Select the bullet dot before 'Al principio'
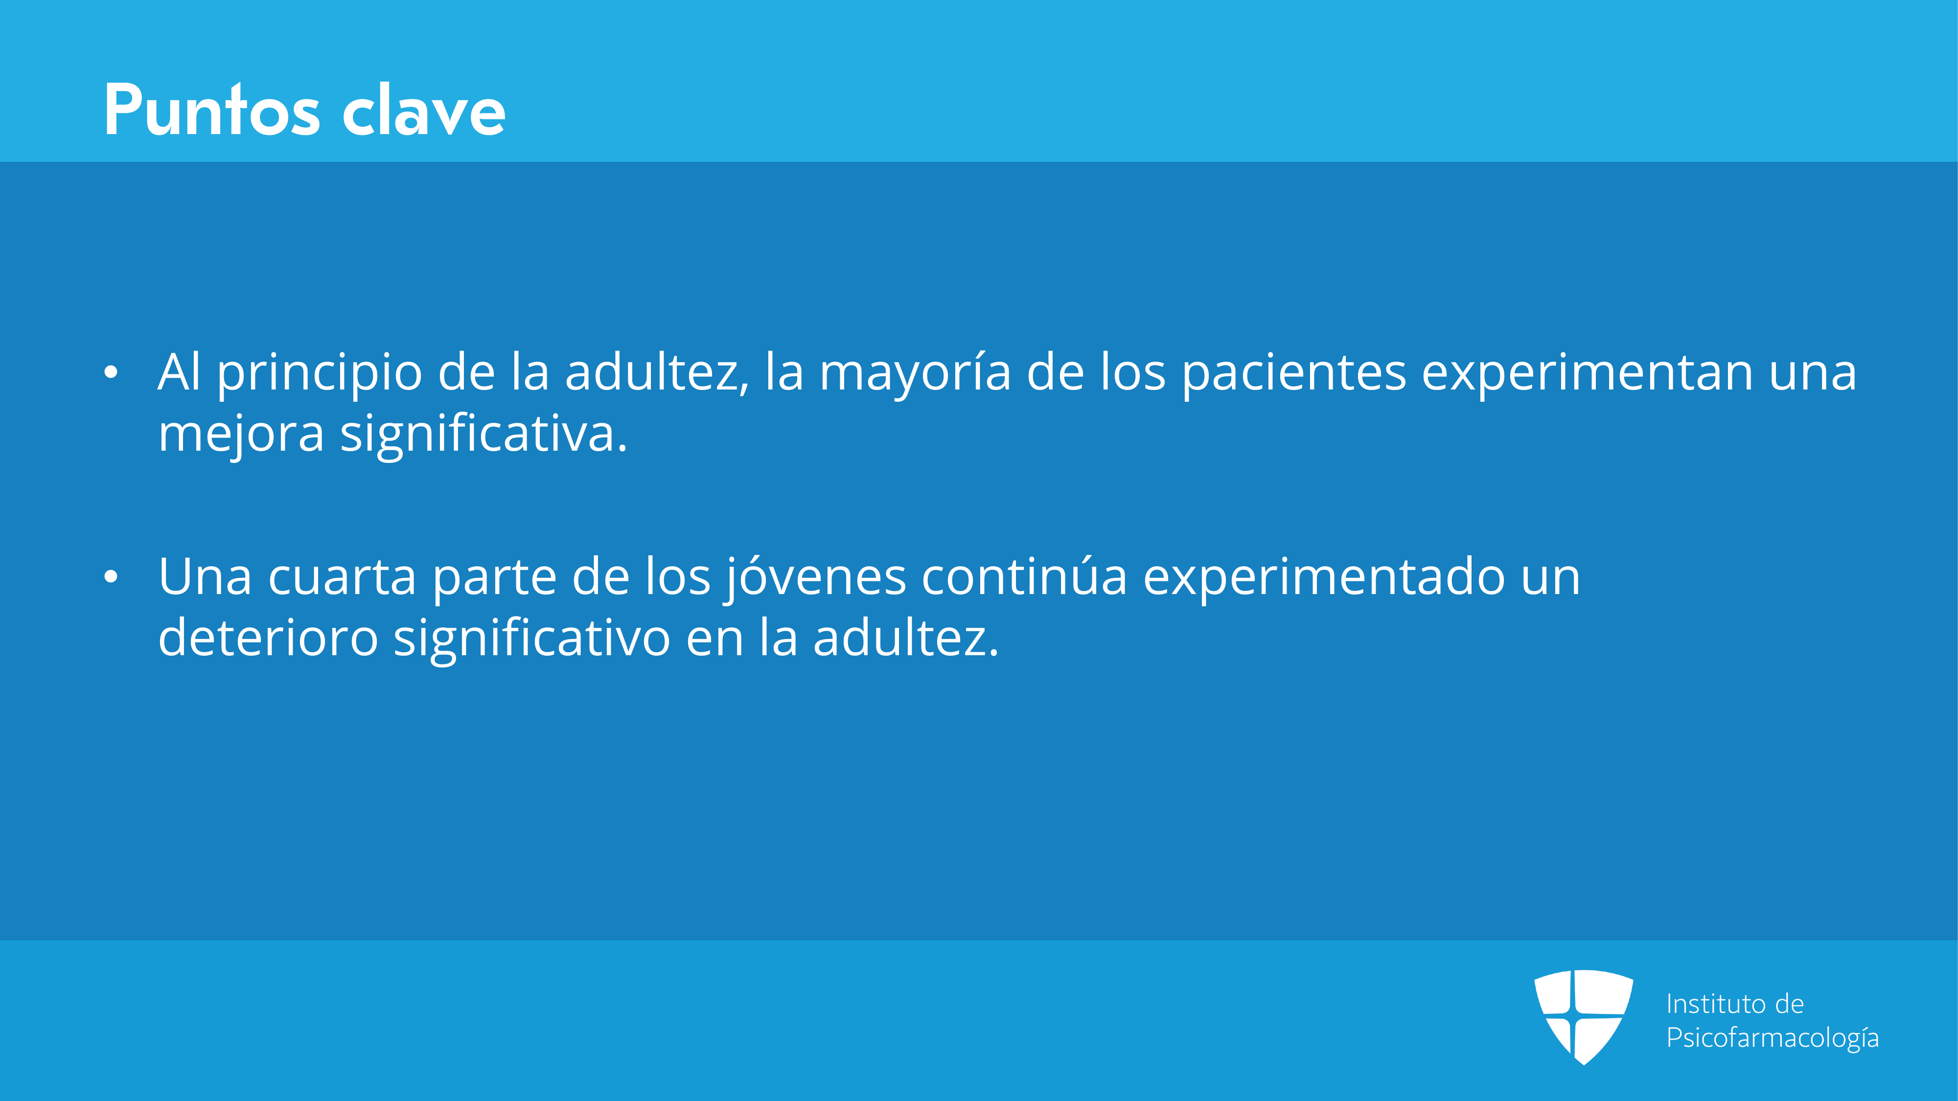[111, 372]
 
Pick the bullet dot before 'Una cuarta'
[111, 577]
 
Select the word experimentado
[1323, 579]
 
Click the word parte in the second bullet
[494, 579]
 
